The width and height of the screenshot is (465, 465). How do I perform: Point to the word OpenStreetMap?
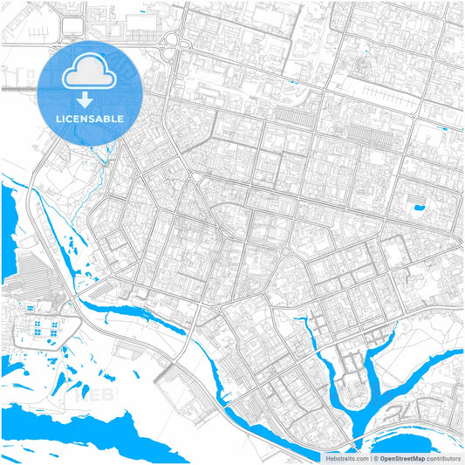pyautogui.click(x=402, y=458)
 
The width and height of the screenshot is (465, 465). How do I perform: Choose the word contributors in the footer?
pyautogui.click(x=443, y=458)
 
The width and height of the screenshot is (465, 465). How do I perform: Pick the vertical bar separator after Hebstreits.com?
pyautogui.click(x=368, y=458)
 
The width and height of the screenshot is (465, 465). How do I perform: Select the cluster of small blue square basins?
pyautogui.click(x=44, y=329)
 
